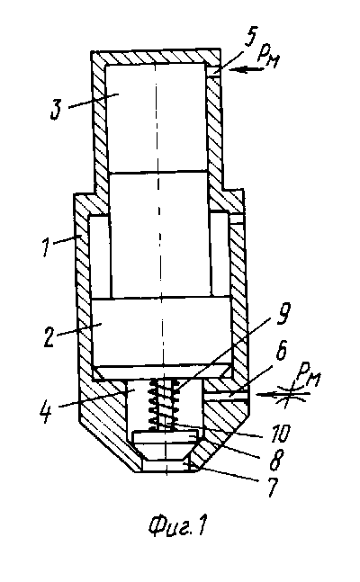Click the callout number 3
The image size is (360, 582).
pyautogui.click(x=56, y=110)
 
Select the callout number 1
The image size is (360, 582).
pyautogui.click(x=46, y=246)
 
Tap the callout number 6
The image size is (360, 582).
pyautogui.click(x=280, y=351)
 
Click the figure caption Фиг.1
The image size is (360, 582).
pyautogui.click(x=177, y=527)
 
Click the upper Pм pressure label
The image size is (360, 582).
pyautogui.click(x=267, y=57)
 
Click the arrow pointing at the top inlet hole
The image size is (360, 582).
pyautogui.click(x=245, y=69)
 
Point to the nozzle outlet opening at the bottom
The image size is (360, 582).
pyautogui.click(x=165, y=467)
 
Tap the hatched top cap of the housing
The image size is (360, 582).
pyautogui.click(x=156, y=57)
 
